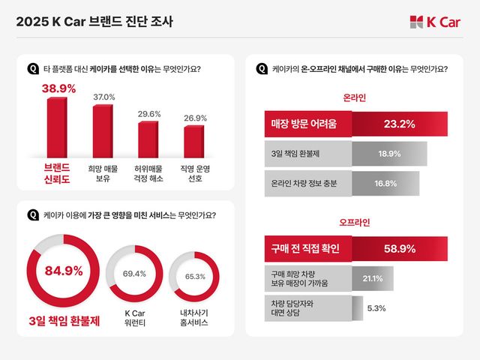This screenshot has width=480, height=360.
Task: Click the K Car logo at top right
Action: [435, 22]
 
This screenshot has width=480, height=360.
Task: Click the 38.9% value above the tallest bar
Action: [58, 88]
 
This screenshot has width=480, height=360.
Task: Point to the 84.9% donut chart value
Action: [64, 271]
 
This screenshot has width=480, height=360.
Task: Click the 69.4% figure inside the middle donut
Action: [134, 274]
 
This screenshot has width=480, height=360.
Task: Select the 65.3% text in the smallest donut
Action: [194, 277]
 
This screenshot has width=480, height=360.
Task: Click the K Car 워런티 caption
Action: [134, 316]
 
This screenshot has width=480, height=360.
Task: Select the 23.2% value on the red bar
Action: [399, 124]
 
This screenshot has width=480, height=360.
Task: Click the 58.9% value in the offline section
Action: [399, 248]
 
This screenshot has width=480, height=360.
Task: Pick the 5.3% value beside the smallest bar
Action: [376, 307]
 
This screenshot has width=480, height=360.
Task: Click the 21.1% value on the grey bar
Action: [373, 278]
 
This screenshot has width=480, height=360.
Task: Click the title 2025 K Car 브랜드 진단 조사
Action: [94, 22]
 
